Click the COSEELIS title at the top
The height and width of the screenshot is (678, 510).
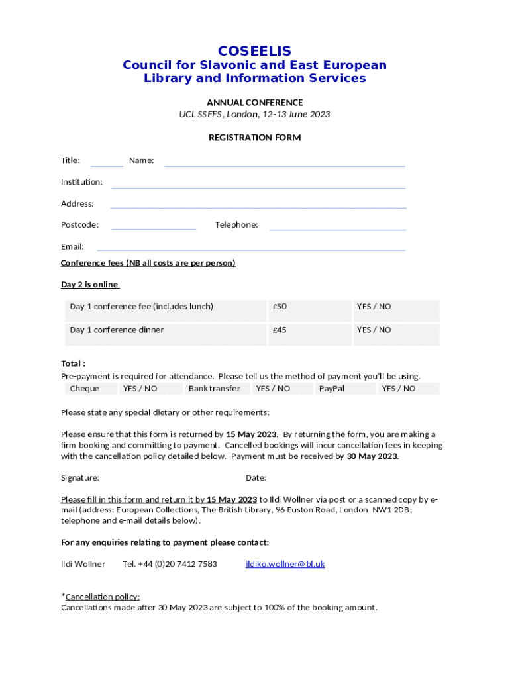click(x=254, y=51)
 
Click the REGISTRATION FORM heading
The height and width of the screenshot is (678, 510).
click(x=254, y=138)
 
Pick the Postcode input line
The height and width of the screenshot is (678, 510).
click(x=154, y=227)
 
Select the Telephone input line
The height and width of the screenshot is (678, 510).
click(x=337, y=227)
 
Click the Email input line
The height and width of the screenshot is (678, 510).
click(x=251, y=248)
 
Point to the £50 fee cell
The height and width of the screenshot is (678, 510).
click(x=280, y=307)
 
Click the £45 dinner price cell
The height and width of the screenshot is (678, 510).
click(x=280, y=330)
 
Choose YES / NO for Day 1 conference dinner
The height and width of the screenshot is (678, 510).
click(x=374, y=330)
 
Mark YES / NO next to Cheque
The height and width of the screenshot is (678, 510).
click(x=140, y=389)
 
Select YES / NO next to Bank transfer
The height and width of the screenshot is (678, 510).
click(x=273, y=389)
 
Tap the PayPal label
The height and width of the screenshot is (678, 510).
click(x=331, y=389)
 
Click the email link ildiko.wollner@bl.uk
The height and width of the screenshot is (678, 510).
click(x=285, y=564)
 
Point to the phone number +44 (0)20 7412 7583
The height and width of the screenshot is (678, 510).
click(x=170, y=564)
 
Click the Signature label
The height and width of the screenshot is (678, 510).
click(x=80, y=477)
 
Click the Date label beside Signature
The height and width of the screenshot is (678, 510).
click(x=256, y=477)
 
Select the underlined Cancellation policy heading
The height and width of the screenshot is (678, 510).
click(x=102, y=597)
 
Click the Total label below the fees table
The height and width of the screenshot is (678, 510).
click(x=73, y=363)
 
